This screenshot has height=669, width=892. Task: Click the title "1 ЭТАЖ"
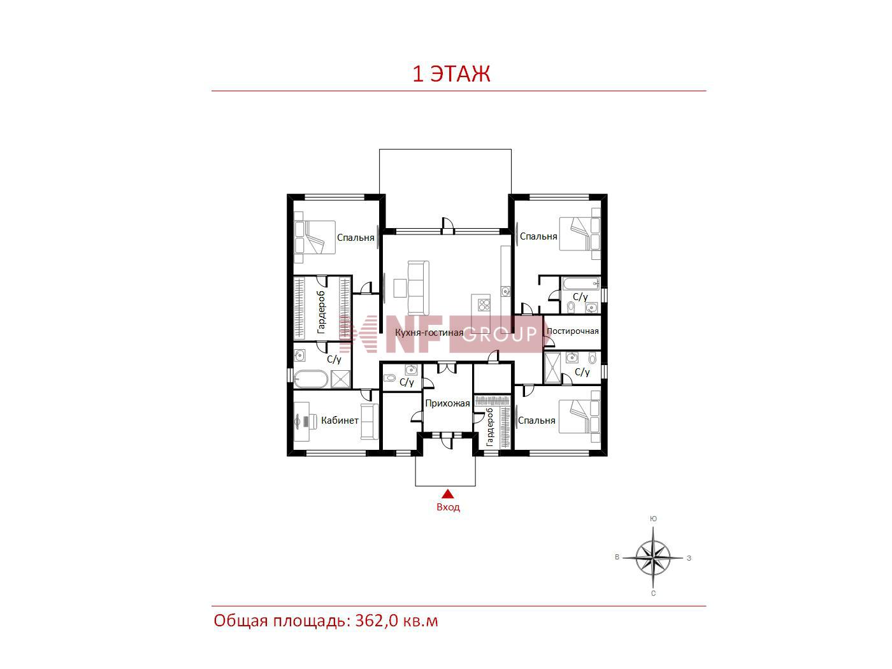coord(451,73)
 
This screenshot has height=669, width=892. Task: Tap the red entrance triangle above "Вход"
coord(448,494)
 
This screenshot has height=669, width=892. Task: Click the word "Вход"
coord(448,507)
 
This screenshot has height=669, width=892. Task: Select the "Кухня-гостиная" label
coord(429,333)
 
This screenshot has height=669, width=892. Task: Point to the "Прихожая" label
coord(447,403)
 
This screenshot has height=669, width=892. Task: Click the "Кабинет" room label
coord(340,421)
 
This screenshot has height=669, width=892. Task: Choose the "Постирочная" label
coord(573,331)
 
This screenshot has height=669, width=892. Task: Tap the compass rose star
coord(652,557)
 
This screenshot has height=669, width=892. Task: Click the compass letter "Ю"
coord(653,519)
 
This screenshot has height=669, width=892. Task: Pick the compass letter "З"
coord(689,558)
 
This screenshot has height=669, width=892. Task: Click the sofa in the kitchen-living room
coord(418,288)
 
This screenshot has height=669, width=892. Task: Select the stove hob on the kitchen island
coord(484,305)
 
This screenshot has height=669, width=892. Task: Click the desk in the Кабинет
coord(301,421)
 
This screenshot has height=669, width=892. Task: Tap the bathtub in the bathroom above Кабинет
coord(310,378)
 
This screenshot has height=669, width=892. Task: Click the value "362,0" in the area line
coord(377,621)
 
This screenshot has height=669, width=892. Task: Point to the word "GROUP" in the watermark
coord(500,334)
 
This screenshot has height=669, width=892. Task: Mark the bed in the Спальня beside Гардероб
coord(315,238)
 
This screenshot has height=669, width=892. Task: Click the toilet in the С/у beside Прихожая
coord(390,378)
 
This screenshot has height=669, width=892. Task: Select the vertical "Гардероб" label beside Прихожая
coord(489,428)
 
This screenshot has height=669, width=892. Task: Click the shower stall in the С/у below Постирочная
coord(552,368)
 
